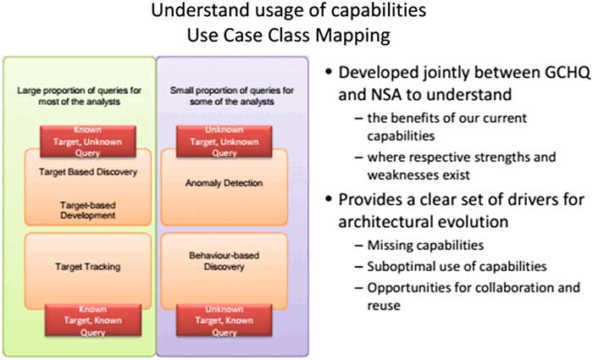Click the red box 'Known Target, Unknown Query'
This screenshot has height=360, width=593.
pyautogui.click(x=88, y=141)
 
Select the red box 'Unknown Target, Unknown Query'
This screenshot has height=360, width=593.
pyautogui.click(x=224, y=141)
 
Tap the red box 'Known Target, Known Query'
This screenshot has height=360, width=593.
pyautogui.click(x=93, y=320)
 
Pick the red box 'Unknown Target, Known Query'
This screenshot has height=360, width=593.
pyautogui.click(x=224, y=320)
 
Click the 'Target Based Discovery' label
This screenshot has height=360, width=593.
pyautogui.click(x=88, y=172)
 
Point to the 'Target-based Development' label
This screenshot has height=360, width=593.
pyautogui.click(x=88, y=210)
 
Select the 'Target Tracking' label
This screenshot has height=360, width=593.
pyautogui.click(x=88, y=267)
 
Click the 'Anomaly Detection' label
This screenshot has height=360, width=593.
pyautogui.click(x=224, y=183)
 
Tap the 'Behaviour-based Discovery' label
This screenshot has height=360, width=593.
pyautogui.click(x=224, y=261)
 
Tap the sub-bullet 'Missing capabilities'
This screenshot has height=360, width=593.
pyautogui.click(x=425, y=246)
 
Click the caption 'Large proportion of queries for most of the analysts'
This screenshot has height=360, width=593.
pyautogui.click(x=80, y=96)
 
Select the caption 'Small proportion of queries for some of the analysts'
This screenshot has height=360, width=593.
pyautogui.click(x=232, y=96)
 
